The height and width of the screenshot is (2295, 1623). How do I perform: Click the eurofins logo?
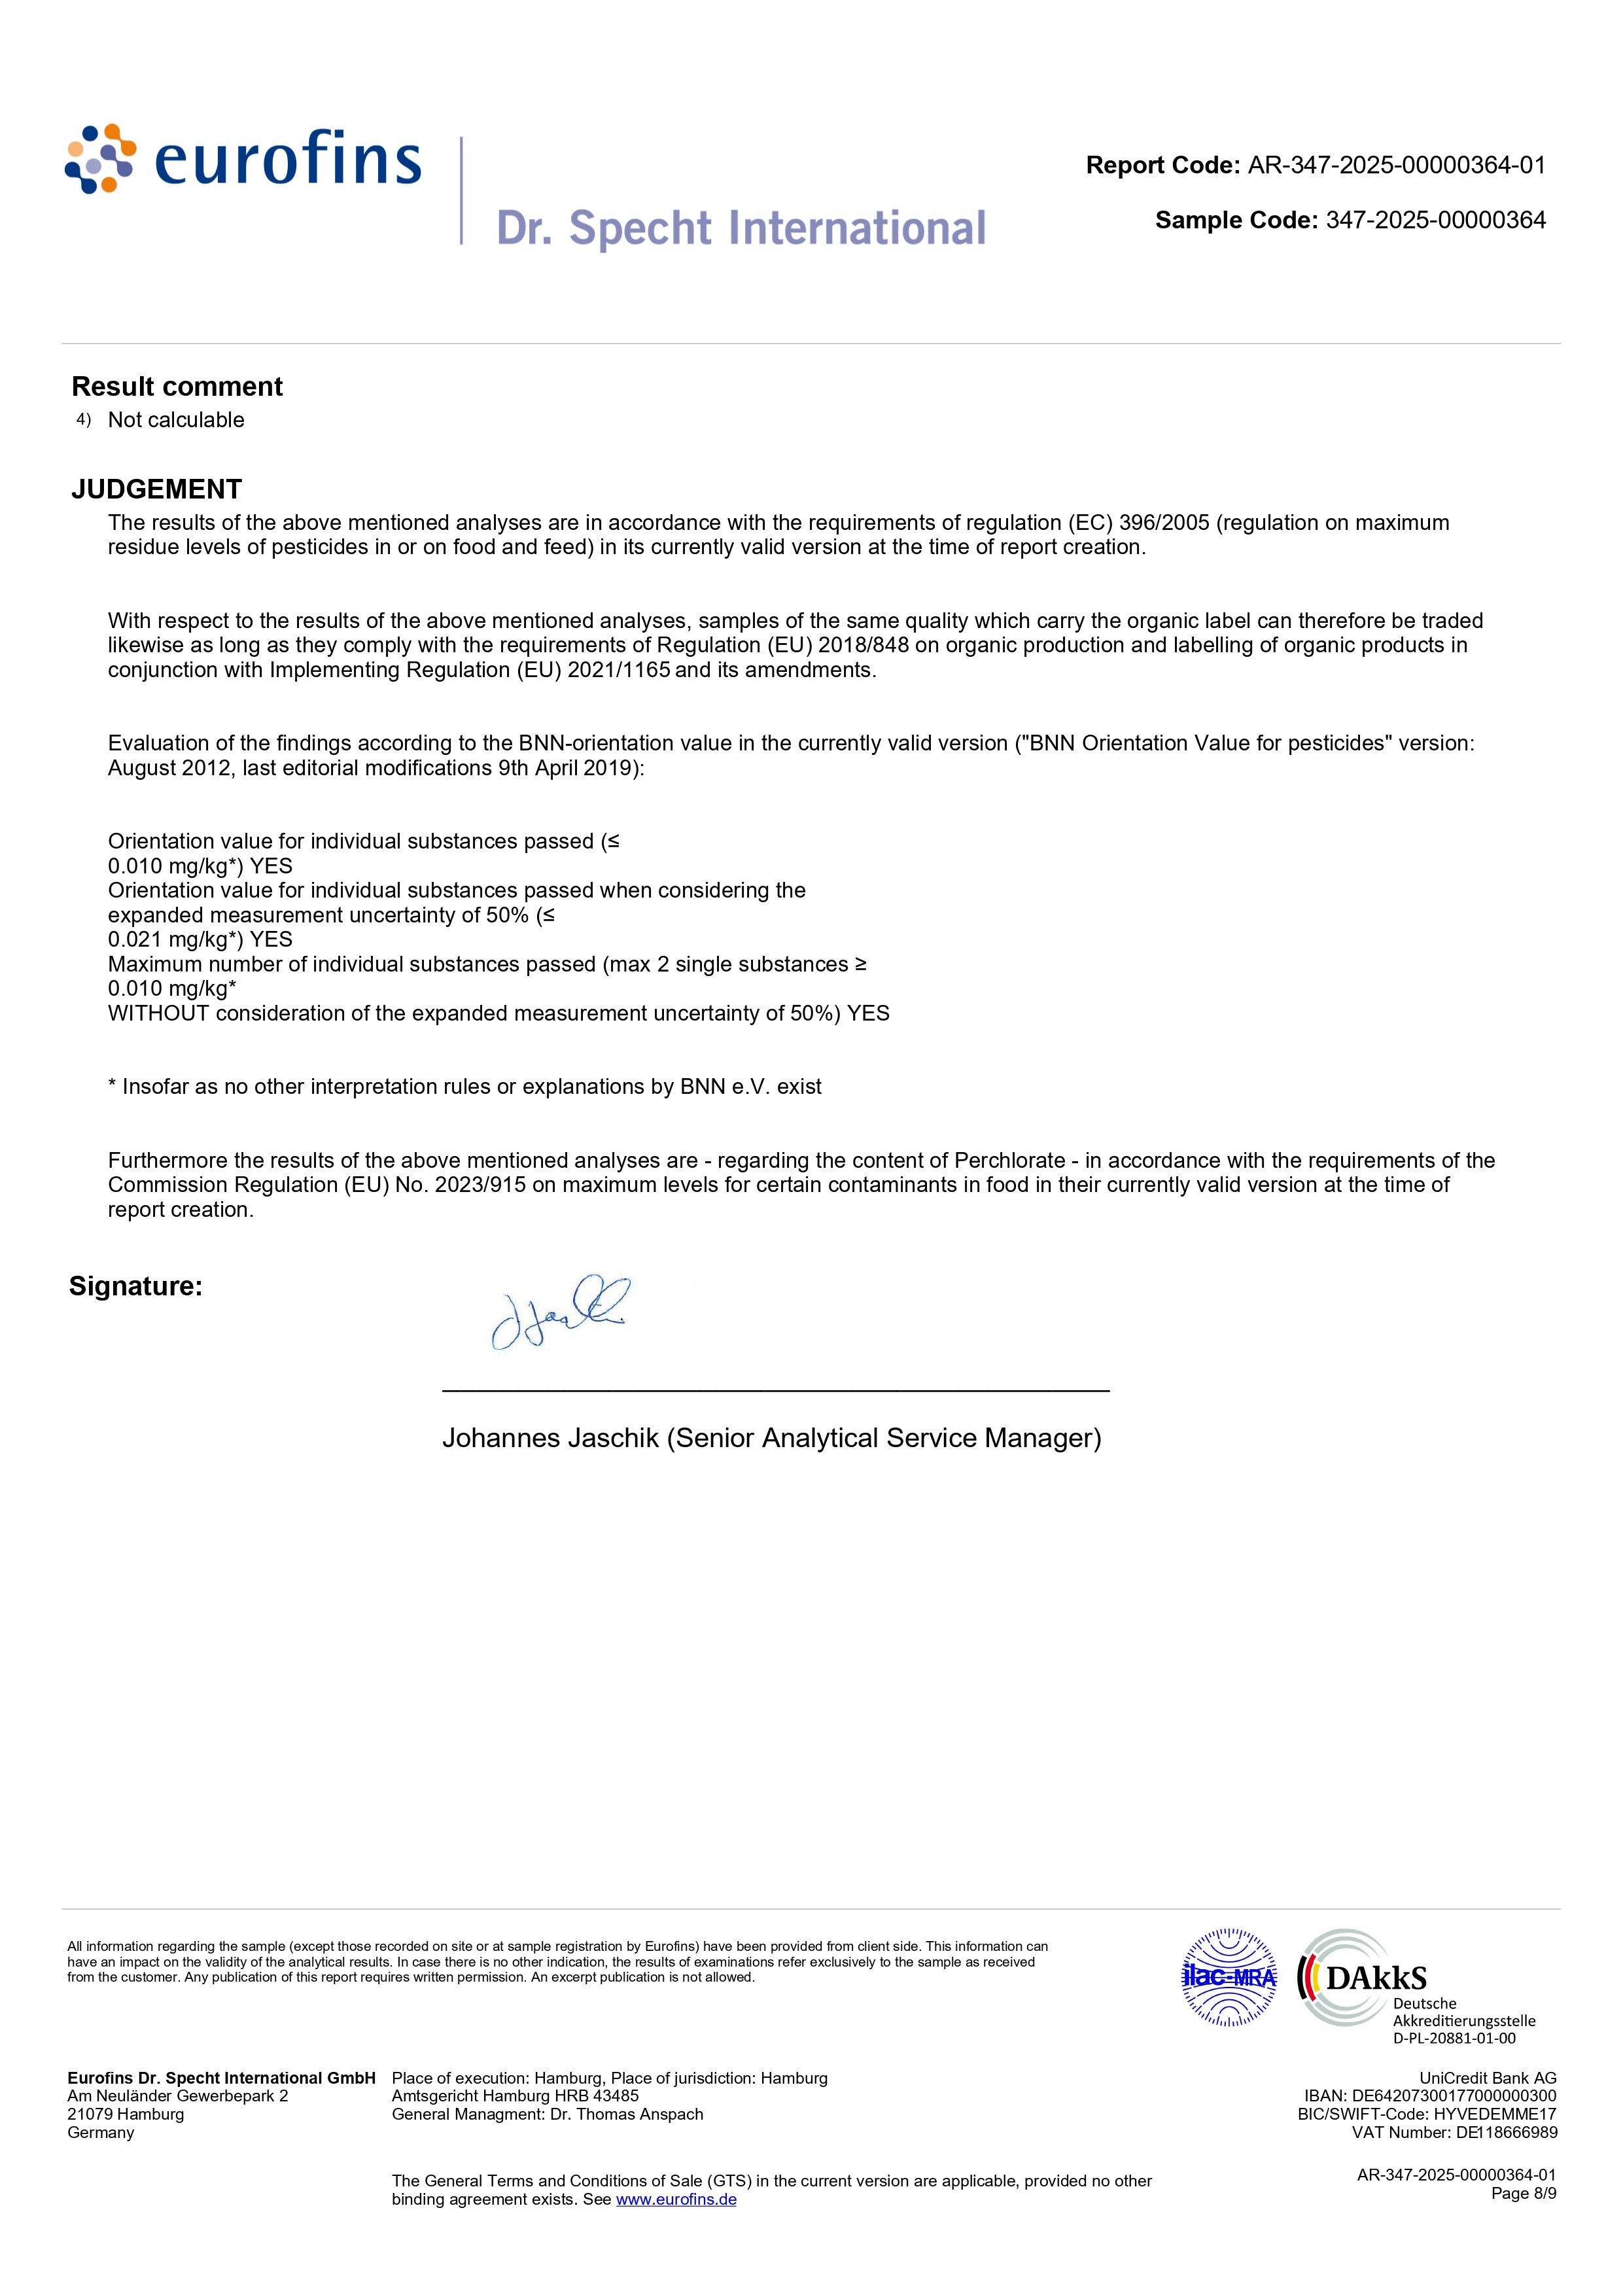click(x=243, y=160)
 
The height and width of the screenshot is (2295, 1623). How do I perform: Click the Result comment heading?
click(x=177, y=387)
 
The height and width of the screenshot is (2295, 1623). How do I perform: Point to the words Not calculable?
click(x=176, y=420)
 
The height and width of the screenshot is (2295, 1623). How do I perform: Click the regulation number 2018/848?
click(x=864, y=646)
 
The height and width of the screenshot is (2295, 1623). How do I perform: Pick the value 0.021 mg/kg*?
click(x=172, y=939)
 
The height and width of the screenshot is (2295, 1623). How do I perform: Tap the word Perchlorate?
click(x=1009, y=1161)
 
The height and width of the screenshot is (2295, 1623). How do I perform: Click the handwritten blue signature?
click(x=560, y=1312)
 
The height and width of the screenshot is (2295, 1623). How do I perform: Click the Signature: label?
click(x=136, y=1286)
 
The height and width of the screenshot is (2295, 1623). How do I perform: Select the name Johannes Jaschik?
click(x=551, y=1439)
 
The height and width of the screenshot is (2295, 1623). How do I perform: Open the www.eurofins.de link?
click(x=676, y=2200)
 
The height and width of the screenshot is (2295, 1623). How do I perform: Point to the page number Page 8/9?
click(x=1523, y=2193)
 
